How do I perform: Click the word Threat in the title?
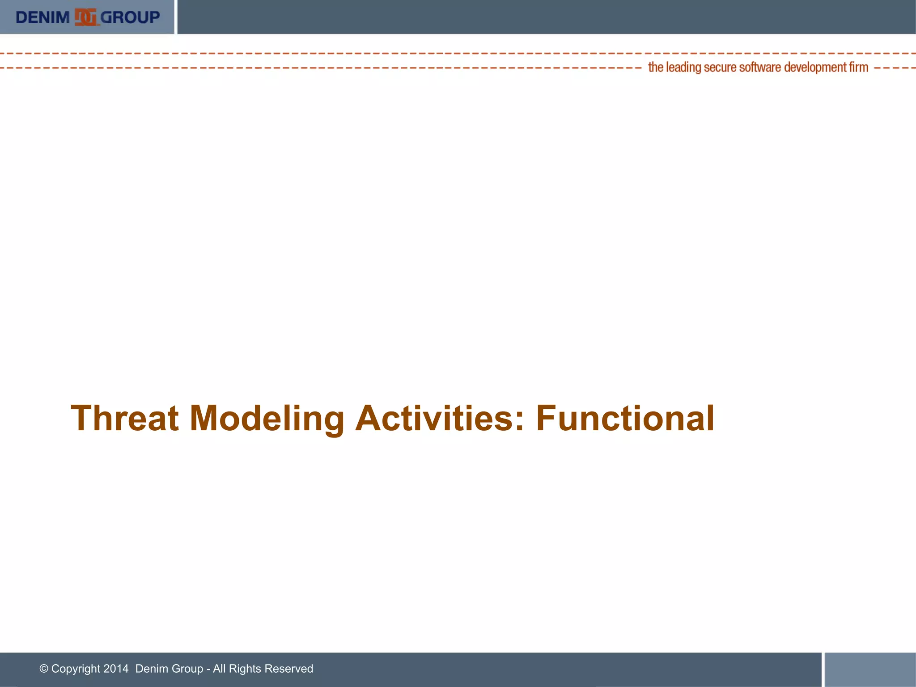point(125,418)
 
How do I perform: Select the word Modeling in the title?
point(267,418)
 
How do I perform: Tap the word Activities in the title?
point(434,418)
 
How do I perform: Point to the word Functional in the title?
point(625,418)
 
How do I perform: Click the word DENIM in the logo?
point(42,17)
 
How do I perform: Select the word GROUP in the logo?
point(130,17)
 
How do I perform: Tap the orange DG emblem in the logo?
point(85,17)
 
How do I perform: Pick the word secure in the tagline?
point(720,68)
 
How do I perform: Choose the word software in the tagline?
point(760,68)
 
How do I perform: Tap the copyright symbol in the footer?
point(44,669)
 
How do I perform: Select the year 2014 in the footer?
point(116,669)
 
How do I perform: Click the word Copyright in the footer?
point(76,669)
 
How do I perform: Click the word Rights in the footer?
point(245,669)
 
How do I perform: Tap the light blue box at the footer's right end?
point(870,669)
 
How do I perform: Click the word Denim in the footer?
point(150,669)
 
